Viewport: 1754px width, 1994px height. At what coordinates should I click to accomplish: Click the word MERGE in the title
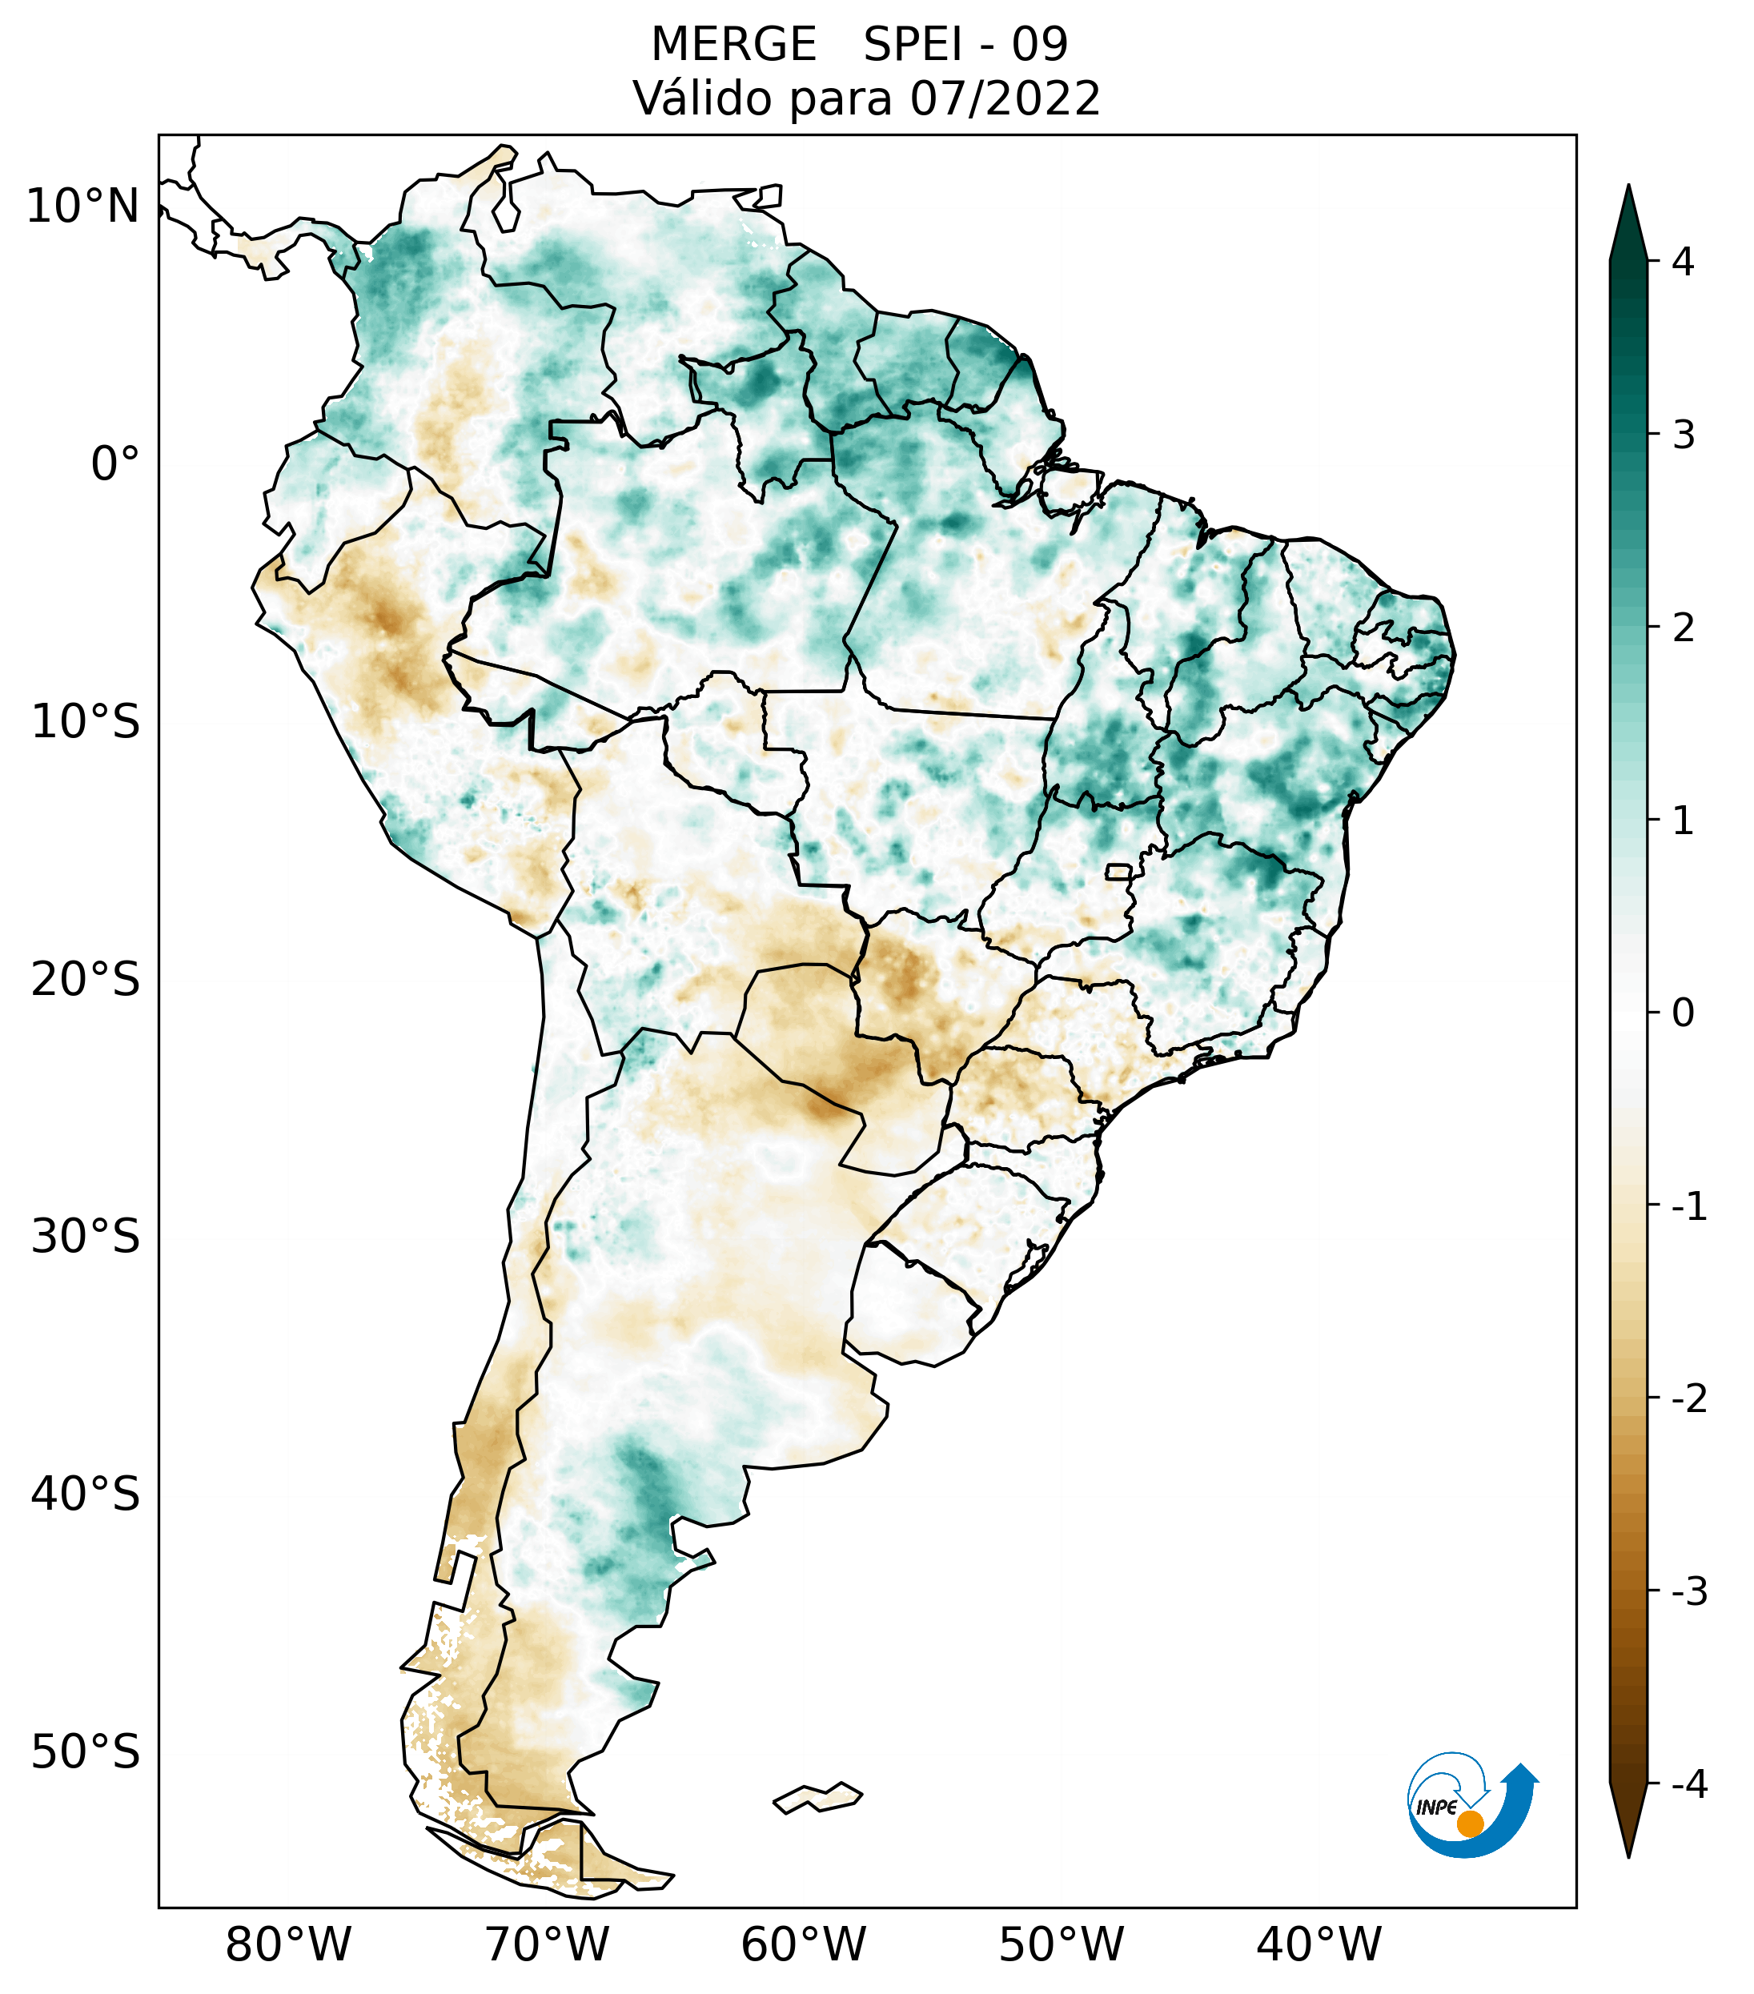[x=733, y=45]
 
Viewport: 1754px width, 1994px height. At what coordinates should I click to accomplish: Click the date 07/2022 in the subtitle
[x=1005, y=98]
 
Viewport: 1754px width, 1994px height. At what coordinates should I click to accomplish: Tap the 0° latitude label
[x=115, y=464]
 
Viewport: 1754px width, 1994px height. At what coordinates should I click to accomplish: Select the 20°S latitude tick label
[x=86, y=980]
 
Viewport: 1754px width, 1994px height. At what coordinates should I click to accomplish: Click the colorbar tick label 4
[x=1683, y=262]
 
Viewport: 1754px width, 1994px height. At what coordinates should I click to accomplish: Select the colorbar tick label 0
[x=1683, y=1013]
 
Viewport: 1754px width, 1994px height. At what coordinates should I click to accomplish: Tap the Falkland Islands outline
[x=817, y=1797]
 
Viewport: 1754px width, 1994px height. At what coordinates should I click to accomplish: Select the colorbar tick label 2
[x=1683, y=628]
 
